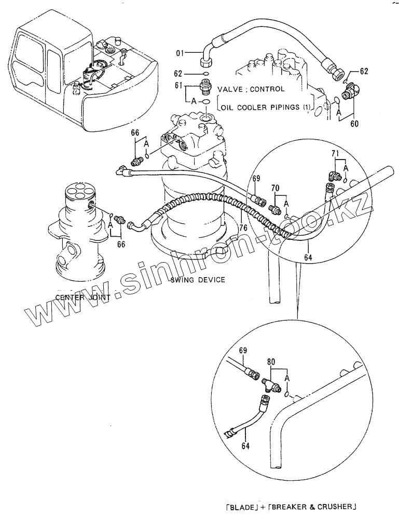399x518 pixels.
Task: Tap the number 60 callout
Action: [x=355, y=124]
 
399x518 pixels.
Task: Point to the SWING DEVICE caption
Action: [x=197, y=280]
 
